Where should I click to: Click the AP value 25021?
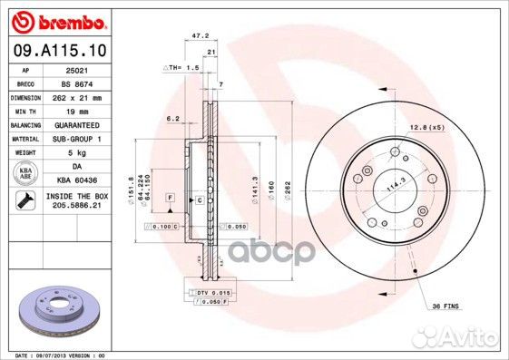point(76,69)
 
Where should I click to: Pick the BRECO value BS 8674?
point(76,82)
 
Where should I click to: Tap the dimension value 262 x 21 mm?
point(76,96)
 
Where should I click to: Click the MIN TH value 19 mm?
point(76,109)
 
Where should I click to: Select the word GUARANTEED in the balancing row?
point(76,123)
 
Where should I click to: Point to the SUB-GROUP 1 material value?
point(76,138)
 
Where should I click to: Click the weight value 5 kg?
point(76,152)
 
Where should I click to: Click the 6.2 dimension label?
point(173,118)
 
